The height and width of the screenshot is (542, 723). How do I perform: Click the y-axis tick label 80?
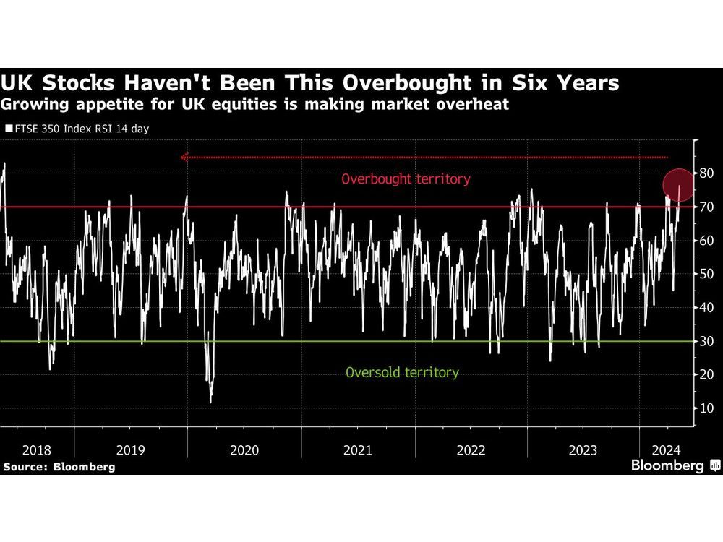click(x=706, y=173)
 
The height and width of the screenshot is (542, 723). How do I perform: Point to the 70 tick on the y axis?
click(x=706, y=207)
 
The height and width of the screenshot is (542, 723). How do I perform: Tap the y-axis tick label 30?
click(x=706, y=341)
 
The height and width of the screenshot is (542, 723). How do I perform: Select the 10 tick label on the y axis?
click(x=706, y=408)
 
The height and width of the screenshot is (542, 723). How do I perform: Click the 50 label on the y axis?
click(x=706, y=274)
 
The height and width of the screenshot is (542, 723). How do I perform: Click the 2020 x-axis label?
click(x=244, y=450)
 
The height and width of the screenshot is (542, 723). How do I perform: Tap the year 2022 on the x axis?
click(x=471, y=450)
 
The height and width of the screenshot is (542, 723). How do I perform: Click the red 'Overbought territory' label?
click(x=406, y=179)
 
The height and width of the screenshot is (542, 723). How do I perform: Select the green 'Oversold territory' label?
click(x=402, y=373)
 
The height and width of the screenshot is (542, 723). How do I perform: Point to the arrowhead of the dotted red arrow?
click(x=184, y=157)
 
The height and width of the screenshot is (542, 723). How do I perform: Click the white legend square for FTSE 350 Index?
click(x=9, y=129)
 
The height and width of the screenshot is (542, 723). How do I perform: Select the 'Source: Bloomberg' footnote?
click(x=59, y=467)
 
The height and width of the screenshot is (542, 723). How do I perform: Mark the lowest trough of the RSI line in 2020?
click(x=210, y=402)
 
